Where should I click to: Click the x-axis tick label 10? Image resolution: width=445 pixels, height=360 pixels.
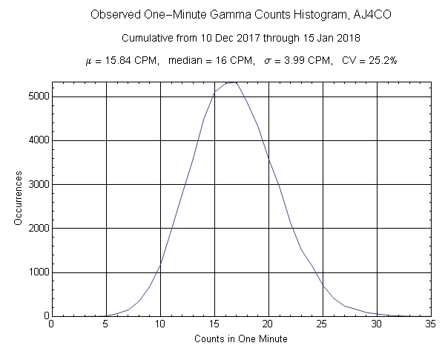159,324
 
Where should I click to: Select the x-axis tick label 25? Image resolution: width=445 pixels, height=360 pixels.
323,324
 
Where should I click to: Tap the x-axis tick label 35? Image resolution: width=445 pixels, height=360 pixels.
431,324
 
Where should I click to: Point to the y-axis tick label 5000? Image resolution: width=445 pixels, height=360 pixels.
34,96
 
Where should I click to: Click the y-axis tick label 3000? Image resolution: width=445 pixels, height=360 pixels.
34,184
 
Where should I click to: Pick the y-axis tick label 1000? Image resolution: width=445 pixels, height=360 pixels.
34,272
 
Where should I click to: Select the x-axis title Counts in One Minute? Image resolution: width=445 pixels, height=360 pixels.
240,339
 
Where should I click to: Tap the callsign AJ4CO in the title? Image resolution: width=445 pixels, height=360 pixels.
340,15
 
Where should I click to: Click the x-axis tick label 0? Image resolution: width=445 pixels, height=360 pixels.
51,324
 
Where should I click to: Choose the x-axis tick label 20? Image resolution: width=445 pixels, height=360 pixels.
268,324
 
